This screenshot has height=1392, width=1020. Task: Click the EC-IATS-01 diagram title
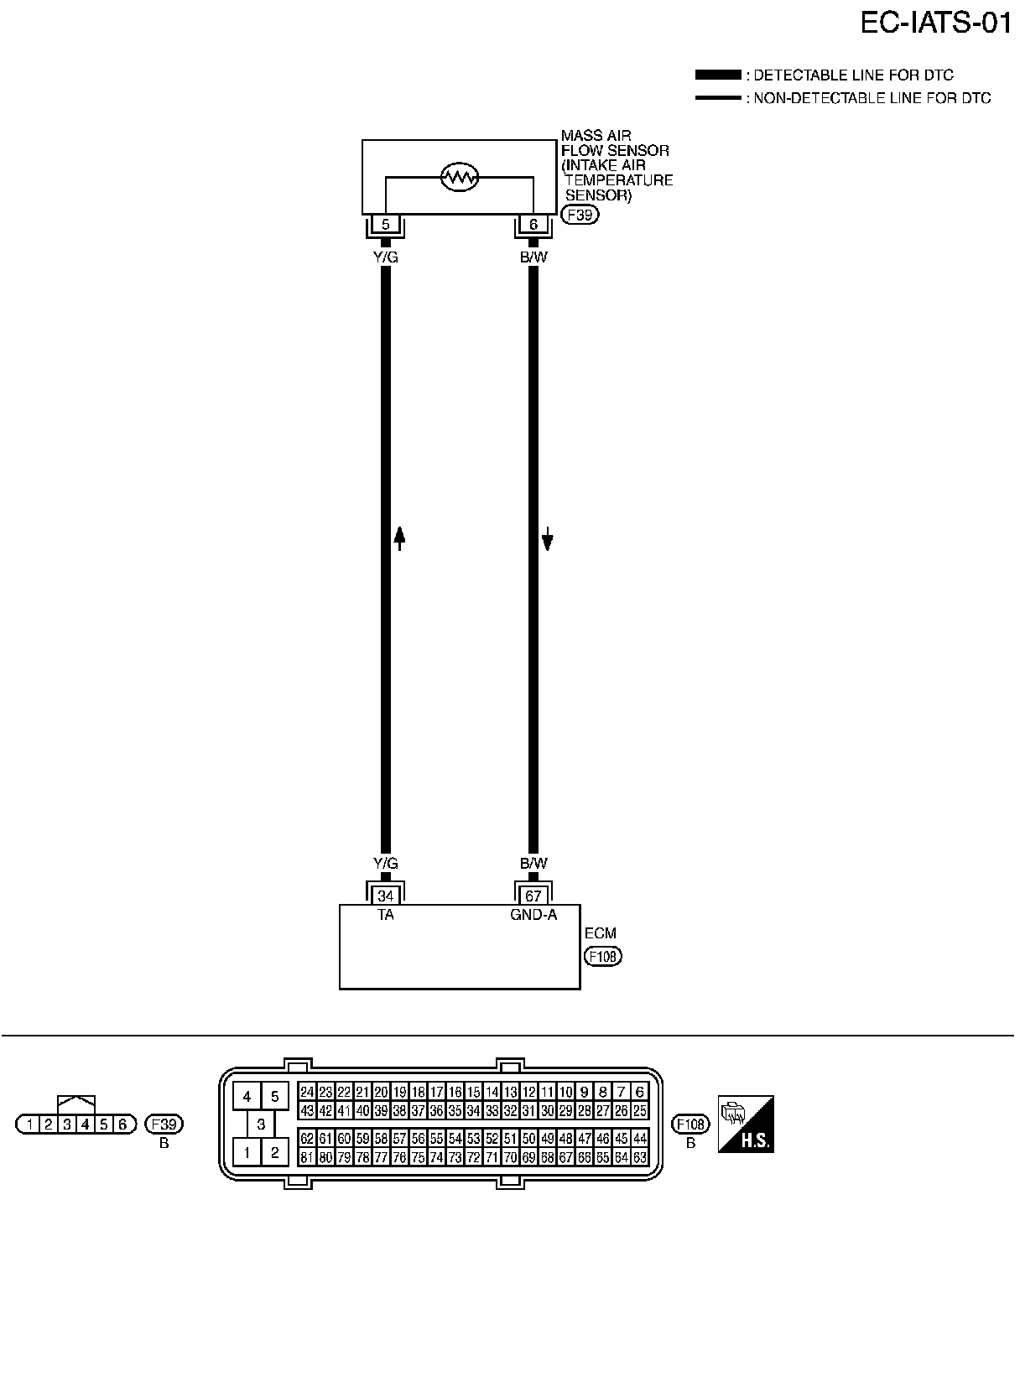click(935, 23)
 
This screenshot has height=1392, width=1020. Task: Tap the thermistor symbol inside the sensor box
click(459, 177)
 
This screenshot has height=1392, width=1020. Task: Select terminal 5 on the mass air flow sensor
click(385, 225)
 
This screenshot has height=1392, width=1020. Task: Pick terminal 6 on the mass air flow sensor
click(533, 225)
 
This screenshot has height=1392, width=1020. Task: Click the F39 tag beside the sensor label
click(580, 215)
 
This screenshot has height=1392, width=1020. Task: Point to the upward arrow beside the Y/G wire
click(400, 538)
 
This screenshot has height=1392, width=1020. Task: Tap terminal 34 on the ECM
click(385, 896)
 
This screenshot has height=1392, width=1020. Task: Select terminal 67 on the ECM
click(533, 896)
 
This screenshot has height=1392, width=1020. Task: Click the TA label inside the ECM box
click(385, 915)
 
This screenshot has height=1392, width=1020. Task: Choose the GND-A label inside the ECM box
click(533, 915)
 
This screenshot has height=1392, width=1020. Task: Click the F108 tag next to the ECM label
click(603, 956)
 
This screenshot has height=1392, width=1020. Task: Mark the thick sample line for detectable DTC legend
click(718, 75)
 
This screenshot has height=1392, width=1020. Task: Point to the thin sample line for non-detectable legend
click(718, 98)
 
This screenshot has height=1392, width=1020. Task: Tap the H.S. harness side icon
click(746, 1124)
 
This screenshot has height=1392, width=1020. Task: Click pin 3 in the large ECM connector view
click(261, 1125)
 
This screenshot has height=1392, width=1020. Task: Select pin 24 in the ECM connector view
click(307, 1092)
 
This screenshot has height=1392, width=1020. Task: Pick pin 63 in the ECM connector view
click(640, 1158)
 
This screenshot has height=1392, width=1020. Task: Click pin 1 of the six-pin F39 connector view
click(30, 1125)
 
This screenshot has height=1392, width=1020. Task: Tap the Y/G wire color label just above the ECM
click(385, 864)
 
